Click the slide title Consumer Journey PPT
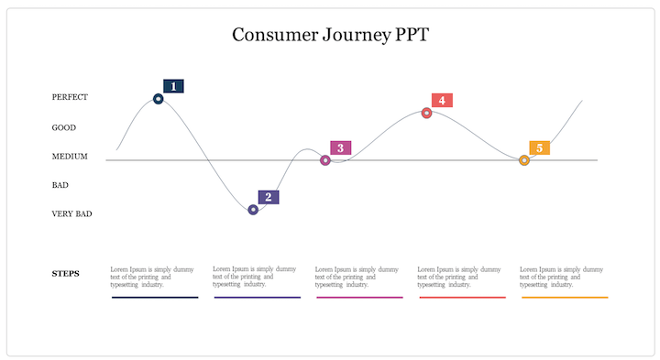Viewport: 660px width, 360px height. [x=330, y=36]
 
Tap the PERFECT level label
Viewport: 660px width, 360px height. [x=70, y=97]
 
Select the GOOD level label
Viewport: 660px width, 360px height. [x=64, y=127]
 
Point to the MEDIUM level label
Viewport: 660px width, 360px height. [x=70, y=157]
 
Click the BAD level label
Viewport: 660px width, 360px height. [x=60, y=185]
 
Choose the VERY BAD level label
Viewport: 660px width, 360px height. [x=71, y=214]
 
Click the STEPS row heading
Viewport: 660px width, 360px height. [x=65, y=273]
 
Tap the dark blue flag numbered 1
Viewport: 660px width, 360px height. [x=173, y=86]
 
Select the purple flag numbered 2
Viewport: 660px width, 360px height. [x=268, y=197]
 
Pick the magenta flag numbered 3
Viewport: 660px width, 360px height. [x=340, y=147]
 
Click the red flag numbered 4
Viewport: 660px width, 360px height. [x=442, y=100]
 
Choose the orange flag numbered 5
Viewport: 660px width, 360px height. [x=539, y=147]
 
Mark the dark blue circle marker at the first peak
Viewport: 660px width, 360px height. [x=159, y=99]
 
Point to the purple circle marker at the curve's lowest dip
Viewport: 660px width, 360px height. [x=253, y=210]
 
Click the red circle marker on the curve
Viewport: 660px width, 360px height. [x=426, y=113]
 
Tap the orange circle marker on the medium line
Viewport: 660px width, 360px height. [x=524, y=160]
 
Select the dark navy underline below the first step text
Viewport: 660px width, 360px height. [x=154, y=297]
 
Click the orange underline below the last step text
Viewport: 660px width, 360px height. [x=565, y=297]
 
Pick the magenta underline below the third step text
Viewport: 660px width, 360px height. [x=359, y=297]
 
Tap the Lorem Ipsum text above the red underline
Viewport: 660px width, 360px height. [x=459, y=277]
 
